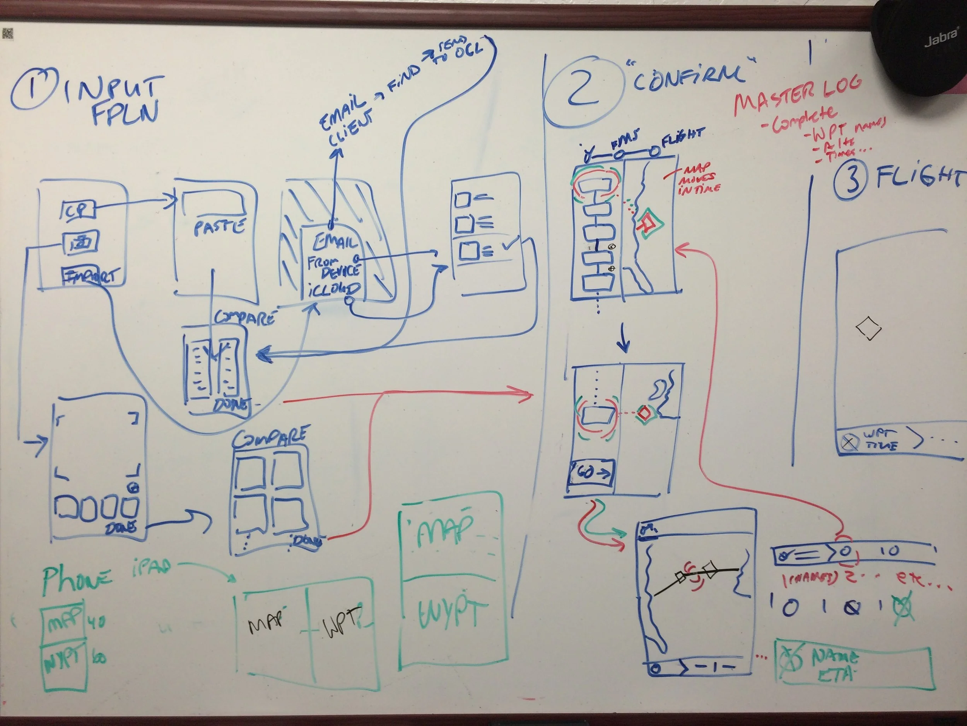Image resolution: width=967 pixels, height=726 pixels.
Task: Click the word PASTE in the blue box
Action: tap(219, 227)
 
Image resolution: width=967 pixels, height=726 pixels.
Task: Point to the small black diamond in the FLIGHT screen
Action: tap(868, 328)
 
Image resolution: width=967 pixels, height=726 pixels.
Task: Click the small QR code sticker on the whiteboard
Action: tap(8, 33)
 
